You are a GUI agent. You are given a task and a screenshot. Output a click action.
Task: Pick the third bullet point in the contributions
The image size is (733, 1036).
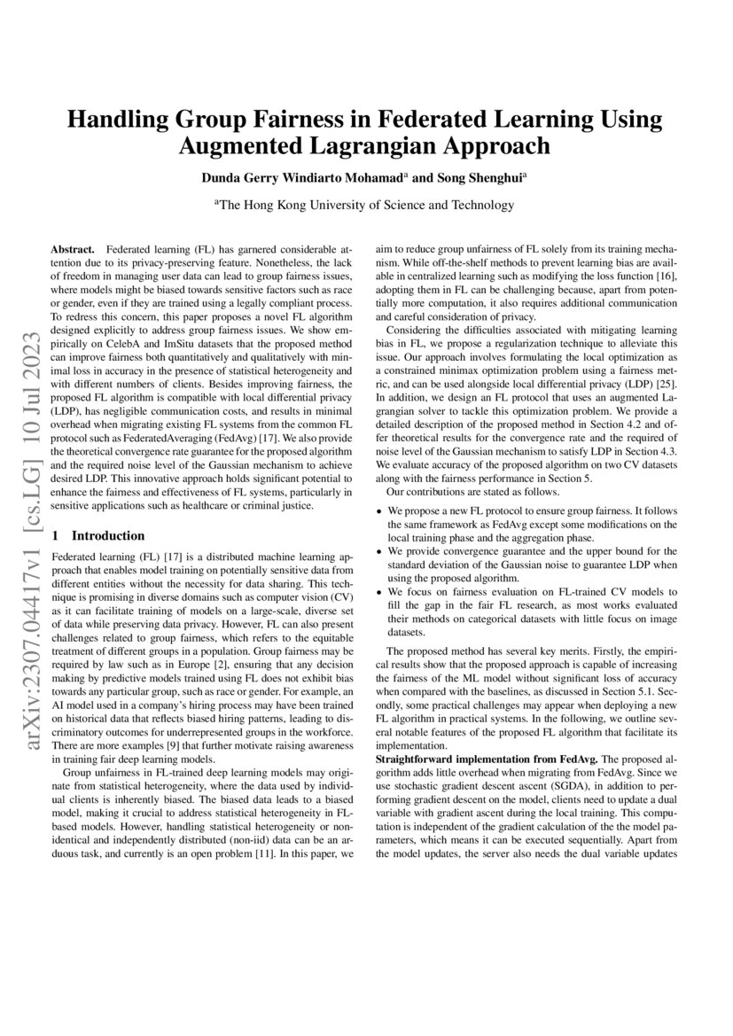point(380,591)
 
